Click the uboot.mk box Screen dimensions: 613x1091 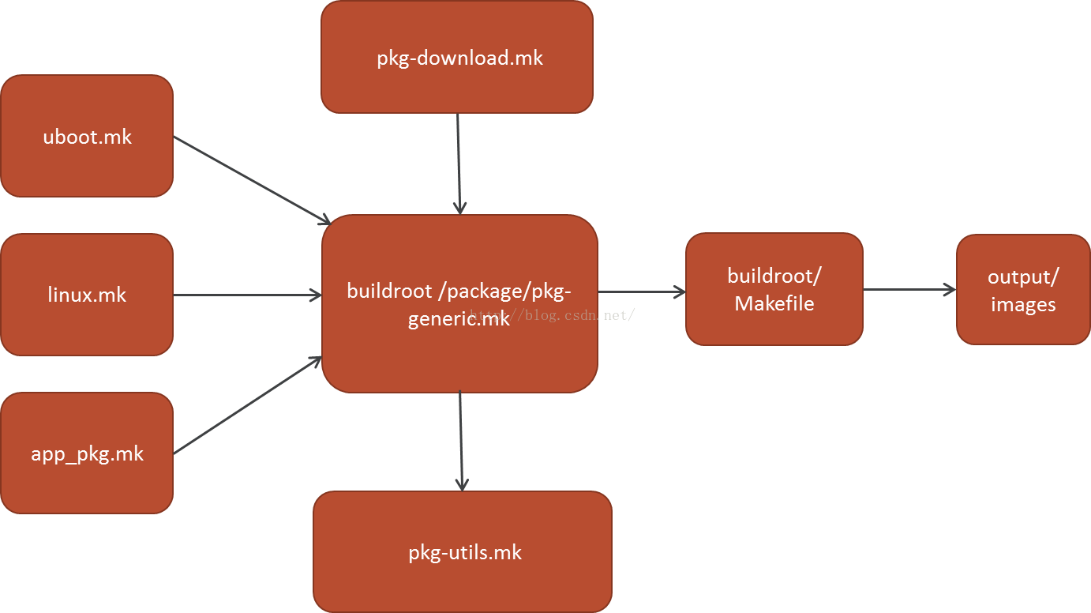(x=87, y=136)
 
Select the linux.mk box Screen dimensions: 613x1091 (x=87, y=295)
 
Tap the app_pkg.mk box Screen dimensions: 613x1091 (x=87, y=453)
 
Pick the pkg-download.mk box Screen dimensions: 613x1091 (x=457, y=58)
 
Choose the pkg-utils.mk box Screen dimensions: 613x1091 (x=463, y=552)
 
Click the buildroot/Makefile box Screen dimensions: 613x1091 (x=774, y=289)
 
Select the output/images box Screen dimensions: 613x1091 (x=1023, y=290)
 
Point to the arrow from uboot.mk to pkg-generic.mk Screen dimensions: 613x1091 (x=251, y=179)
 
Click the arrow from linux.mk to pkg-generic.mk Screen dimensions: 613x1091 (x=247, y=295)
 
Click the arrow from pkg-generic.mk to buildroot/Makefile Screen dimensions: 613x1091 (x=641, y=292)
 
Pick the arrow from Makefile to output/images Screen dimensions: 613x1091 (x=909, y=290)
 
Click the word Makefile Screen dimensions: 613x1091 (x=774, y=303)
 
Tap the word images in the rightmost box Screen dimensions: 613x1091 (x=1023, y=305)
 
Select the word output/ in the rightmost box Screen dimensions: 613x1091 (x=1023, y=277)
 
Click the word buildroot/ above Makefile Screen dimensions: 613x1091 (x=774, y=276)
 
